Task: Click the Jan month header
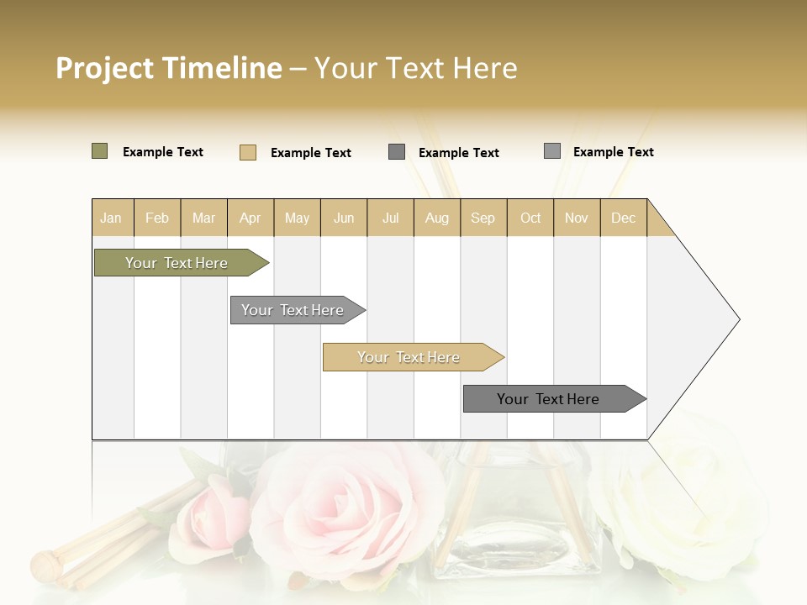111,218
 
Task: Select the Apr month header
251,218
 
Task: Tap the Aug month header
437,218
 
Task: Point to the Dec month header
624,218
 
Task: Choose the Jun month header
344,218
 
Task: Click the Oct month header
530,218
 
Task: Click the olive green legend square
100,151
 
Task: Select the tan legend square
248,152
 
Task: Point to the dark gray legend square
397,152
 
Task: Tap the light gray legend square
552,151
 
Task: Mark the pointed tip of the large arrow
738,319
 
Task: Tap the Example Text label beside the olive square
163,152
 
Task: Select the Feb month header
157,218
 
